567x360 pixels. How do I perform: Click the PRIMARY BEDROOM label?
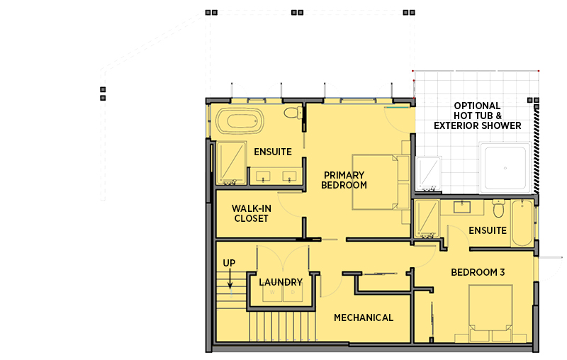pos(344,180)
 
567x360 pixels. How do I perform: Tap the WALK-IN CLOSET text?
pos(251,213)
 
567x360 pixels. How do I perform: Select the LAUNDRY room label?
pos(281,282)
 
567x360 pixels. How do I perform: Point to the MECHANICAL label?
pos(364,317)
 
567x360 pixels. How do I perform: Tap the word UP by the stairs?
pos(229,263)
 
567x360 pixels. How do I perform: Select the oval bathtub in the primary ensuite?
pos(237,121)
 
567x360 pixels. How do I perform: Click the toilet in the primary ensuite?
pos(291,113)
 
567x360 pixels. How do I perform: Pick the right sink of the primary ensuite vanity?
pos(290,174)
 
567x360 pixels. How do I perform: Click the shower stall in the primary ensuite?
pos(230,163)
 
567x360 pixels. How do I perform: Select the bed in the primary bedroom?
pos(379,182)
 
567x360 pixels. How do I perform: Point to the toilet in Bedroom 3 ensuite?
pos(498,210)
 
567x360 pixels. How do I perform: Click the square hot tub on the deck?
pos(504,169)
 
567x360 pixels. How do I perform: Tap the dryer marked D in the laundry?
pos(292,293)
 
